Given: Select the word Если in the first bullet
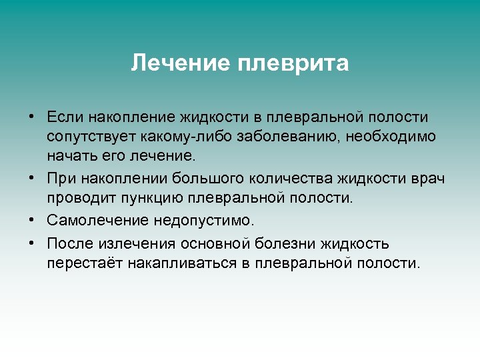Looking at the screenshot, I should click(64, 117).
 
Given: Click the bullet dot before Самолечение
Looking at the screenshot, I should click(32, 220).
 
